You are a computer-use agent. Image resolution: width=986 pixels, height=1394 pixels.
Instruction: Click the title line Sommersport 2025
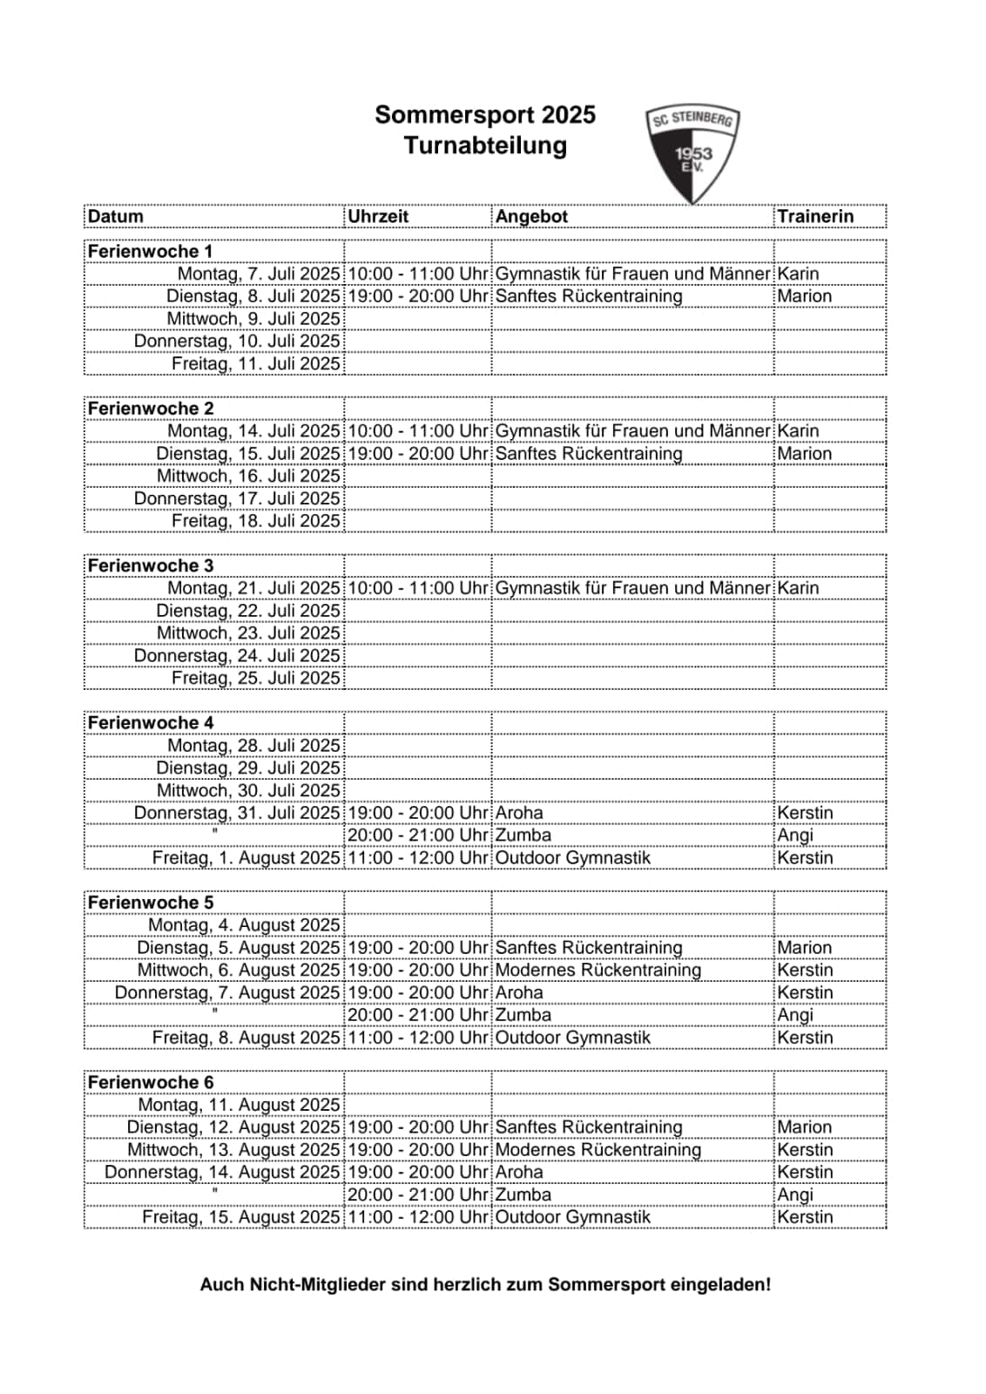[485, 115]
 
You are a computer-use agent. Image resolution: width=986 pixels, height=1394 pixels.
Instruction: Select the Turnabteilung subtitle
[485, 145]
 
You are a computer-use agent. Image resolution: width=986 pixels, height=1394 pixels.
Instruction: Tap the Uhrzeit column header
[378, 216]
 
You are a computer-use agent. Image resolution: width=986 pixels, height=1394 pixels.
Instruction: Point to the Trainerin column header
[815, 216]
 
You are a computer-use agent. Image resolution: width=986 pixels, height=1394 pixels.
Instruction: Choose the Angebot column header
[531, 216]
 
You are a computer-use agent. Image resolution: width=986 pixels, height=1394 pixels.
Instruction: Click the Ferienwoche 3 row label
[151, 565]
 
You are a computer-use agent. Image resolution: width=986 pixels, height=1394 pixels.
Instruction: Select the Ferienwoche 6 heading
[151, 1082]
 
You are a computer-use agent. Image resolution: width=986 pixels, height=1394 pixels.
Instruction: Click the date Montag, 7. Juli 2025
[259, 274]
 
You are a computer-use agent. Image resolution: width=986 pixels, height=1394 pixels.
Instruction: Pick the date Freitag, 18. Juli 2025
[255, 521]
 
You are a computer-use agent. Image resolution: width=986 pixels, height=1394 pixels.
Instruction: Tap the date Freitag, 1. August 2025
[246, 857]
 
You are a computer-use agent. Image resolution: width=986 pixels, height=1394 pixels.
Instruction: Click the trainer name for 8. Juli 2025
[804, 296]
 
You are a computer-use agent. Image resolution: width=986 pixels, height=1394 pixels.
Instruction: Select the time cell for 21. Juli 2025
[418, 588]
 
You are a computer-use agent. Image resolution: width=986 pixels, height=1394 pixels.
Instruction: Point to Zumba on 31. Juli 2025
[523, 835]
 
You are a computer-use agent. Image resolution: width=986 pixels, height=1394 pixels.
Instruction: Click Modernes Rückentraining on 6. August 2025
[598, 970]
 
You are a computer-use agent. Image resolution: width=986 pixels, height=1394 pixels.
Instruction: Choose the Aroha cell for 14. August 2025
[519, 1172]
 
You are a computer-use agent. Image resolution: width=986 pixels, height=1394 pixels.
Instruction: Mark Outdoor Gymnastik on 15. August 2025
[572, 1217]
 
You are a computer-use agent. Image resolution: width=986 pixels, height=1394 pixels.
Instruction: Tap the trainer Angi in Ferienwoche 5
[794, 1015]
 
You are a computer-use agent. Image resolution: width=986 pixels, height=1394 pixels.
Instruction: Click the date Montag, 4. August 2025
[244, 925]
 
